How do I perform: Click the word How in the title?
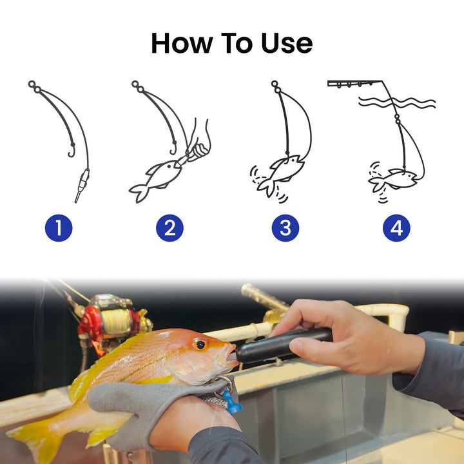(182, 43)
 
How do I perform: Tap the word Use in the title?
(286, 43)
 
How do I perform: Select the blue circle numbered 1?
(59, 228)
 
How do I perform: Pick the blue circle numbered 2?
(169, 228)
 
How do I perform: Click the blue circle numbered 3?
(285, 228)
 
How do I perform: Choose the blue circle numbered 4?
(396, 228)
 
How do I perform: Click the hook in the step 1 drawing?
(72, 150)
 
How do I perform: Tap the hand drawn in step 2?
(199, 142)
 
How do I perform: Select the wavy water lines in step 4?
(397, 102)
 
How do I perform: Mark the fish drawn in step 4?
(394, 180)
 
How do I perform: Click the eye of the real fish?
(200, 344)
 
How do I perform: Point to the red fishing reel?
(108, 322)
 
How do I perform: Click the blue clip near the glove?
(232, 402)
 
